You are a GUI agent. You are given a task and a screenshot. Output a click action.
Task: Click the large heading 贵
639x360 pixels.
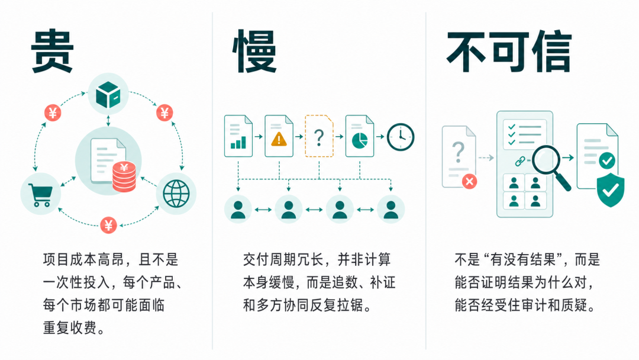point(52,51)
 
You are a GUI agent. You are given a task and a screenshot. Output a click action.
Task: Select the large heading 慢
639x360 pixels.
point(254,51)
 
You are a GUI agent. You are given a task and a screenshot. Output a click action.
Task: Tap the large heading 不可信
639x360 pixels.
point(509,52)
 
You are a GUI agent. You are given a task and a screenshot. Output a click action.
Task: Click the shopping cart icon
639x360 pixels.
point(40,194)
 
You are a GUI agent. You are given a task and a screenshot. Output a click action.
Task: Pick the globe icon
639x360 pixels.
point(176,194)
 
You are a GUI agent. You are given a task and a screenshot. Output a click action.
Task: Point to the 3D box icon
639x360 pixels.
point(108,94)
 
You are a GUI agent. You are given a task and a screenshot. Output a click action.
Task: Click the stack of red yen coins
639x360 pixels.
point(124,176)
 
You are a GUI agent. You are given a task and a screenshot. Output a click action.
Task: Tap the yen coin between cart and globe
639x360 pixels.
point(108,224)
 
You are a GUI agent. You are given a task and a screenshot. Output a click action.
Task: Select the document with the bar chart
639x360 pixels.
point(238,136)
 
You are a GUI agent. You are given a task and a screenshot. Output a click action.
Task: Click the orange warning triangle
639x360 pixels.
point(279,139)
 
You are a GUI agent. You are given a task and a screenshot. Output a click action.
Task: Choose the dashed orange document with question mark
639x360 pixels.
point(319,136)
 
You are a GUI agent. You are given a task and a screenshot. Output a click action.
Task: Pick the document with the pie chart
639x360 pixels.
point(360,136)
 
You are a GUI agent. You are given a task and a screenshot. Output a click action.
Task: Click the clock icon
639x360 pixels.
point(400,137)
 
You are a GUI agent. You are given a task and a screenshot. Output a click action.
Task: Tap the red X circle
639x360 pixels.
point(469,181)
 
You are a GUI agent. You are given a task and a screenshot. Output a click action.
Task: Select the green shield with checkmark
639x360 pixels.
point(611,189)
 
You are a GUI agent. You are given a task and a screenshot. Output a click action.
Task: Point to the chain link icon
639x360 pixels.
point(520,162)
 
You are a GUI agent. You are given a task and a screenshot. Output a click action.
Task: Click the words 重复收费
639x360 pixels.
point(70,328)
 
